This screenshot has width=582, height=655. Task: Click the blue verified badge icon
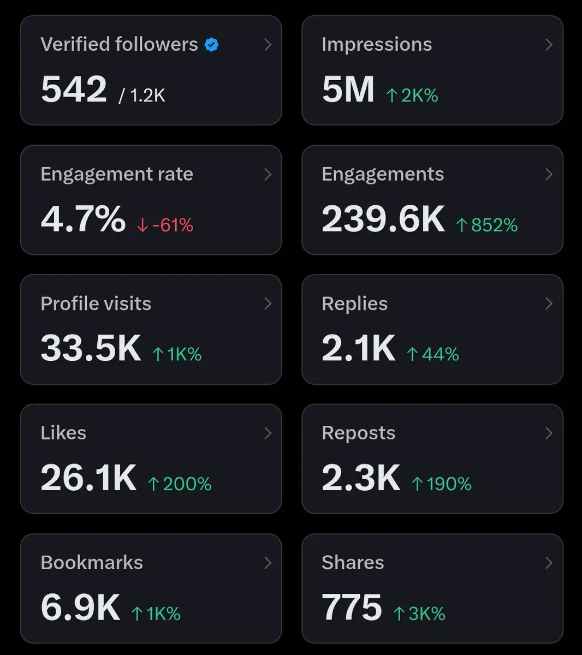[212, 45]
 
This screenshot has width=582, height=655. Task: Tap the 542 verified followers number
[74, 90]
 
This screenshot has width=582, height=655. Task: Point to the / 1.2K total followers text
[142, 96]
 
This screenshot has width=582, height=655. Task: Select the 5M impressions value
[348, 90]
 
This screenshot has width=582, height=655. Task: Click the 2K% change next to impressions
[413, 96]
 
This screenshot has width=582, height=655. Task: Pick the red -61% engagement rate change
[165, 225]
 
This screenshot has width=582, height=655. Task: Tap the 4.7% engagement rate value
[83, 219]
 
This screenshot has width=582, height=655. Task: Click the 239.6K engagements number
[383, 219]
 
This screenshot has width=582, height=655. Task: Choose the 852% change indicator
[487, 225]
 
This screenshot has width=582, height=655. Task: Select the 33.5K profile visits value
[91, 348]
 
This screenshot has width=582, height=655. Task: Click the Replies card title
[355, 303]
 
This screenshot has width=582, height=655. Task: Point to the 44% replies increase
[433, 355]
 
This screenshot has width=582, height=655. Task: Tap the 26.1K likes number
[88, 478]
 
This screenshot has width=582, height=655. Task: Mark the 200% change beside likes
[180, 484]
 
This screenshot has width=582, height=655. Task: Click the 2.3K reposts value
[361, 478]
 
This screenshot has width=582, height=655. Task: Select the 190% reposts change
[442, 484]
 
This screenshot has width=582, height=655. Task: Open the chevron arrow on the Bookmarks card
[268, 563]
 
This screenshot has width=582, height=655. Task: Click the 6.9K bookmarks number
[80, 608]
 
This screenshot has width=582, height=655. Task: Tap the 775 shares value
[352, 608]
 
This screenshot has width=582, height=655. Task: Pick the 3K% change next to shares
[420, 614]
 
